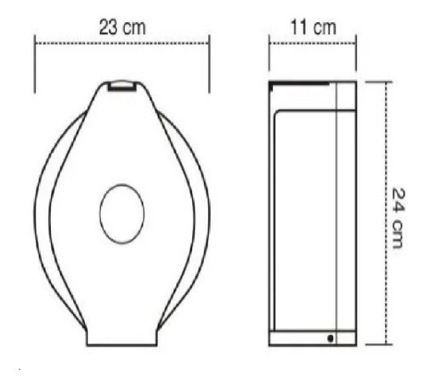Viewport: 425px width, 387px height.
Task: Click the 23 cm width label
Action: pyautogui.click(x=122, y=26)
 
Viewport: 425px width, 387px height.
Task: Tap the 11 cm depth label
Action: pyautogui.click(x=312, y=26)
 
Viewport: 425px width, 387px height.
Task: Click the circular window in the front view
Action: pyautogui.click(x=122, y=213)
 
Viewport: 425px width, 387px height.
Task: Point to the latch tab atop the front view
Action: pyautogui.click(x=122, y=85)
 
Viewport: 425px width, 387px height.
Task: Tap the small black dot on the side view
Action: pyautogui.click(x=330, y=338)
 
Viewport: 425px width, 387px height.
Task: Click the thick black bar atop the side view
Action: pyautogui.click(x=297, y=85)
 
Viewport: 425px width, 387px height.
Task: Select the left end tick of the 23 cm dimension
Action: pyautogui.click(x=35, y=64)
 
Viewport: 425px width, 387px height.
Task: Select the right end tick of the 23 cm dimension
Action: pyautogui.click(x=210, y=64)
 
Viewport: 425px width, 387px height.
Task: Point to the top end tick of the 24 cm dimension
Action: pyautogui.click(x=380, y=82)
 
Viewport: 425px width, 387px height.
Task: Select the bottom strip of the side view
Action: pyautogui.click(x=312, y=338)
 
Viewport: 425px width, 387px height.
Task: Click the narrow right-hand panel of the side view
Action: pyautogui.click(x=347, y=213)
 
